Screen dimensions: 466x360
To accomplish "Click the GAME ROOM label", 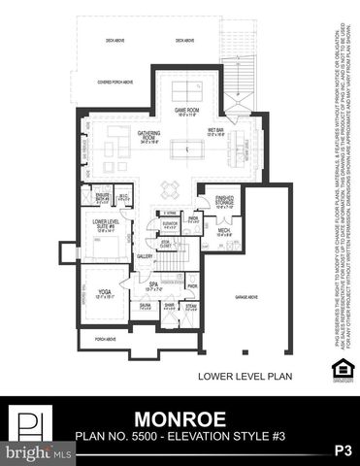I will [186, 111].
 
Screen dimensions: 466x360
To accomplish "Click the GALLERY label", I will [145, 256].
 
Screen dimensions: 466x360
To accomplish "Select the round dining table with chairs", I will [171, 189].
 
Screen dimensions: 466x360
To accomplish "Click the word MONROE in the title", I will [180, 418].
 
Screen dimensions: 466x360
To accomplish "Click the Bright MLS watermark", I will [37, 452].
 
